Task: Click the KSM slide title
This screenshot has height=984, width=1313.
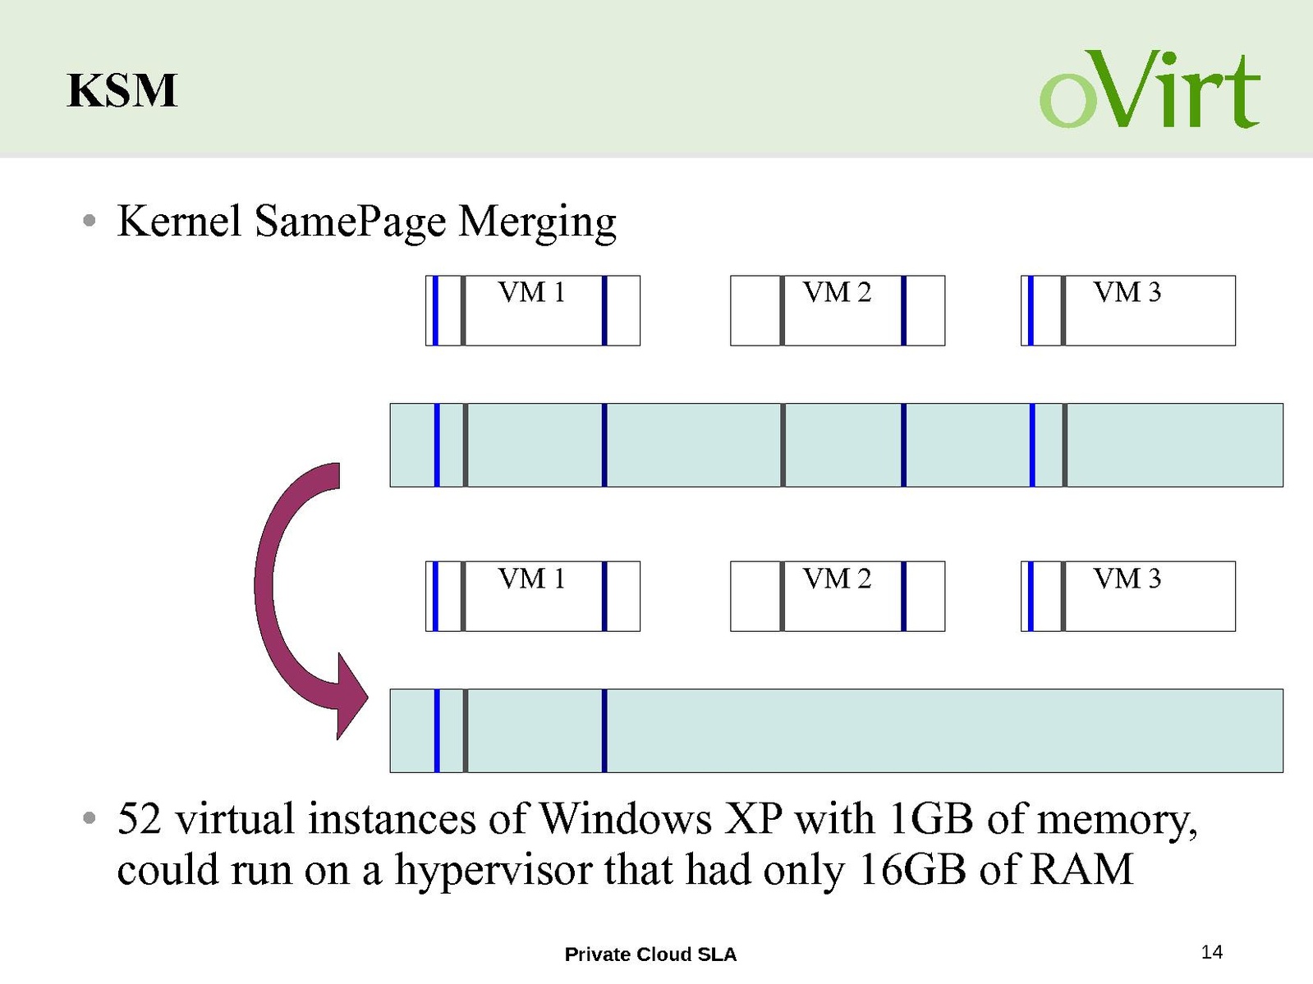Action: pos(122,90)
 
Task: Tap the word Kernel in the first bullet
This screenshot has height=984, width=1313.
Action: pos(179,221)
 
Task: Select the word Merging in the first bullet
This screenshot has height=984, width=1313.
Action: pos(536,222)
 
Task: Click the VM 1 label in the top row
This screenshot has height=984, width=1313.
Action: pos(531,292)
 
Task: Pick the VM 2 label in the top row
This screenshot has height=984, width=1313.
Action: pos(836,292)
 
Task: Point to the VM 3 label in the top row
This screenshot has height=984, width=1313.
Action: pos(1127,292)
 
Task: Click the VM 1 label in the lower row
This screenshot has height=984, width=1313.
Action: pos(531,579)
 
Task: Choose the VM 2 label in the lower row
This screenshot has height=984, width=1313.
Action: pos(836,579)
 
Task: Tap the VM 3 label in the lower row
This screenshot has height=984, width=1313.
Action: pos(1127,579)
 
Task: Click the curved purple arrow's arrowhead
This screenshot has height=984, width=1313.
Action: pos(349,698)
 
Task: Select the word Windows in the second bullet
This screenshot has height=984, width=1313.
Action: pos(625,819)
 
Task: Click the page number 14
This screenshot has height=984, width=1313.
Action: pos(1211,952)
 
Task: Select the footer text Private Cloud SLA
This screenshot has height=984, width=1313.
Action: pos(650,954)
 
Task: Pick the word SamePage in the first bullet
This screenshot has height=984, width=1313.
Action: pos(350,222)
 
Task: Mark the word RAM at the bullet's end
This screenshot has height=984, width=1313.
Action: pos(1081,870)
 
